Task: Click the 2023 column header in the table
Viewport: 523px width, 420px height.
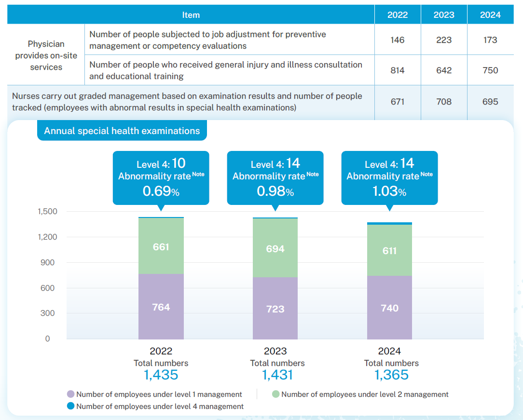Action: pyautogui.click(x=444, y=15)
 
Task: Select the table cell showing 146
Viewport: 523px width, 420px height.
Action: pyautogui.click(x=398, y=40)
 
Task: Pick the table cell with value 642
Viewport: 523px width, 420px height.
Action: pyautogui.click(x=444, y=70)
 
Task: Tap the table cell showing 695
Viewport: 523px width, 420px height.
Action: pyautogui.click(x=490, y=102)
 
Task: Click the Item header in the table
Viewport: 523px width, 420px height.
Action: pyautogui.click(x=191, y=15)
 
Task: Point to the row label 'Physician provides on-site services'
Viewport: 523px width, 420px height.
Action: pyautogui.click(x=46, y=55)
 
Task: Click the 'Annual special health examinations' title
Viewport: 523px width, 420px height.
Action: pyautogui.click(x=122, y=131)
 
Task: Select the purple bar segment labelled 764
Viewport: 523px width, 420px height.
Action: pyautogui.click(x=161, y=307)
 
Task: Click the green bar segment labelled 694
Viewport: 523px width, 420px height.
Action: pyautogui.click(x=275, y=248)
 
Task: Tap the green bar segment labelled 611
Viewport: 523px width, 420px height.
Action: pyautogui.click(x=389, y=250)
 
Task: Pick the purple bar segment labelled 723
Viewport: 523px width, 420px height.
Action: pyautogui.click(x=275, y=309)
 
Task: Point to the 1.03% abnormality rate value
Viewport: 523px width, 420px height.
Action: pyautogui.click(x=389, y=191)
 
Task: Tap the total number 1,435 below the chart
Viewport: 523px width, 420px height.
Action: pyautogui.click(x=161, y=375)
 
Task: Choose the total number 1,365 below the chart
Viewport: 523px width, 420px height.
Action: pyautogui.click(x=391, y=375)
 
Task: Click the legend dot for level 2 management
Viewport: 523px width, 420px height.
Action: pyautogui.click(x=275, y=394)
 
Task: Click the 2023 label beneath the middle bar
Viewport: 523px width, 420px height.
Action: pyautogui.click(x=275, y=351)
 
